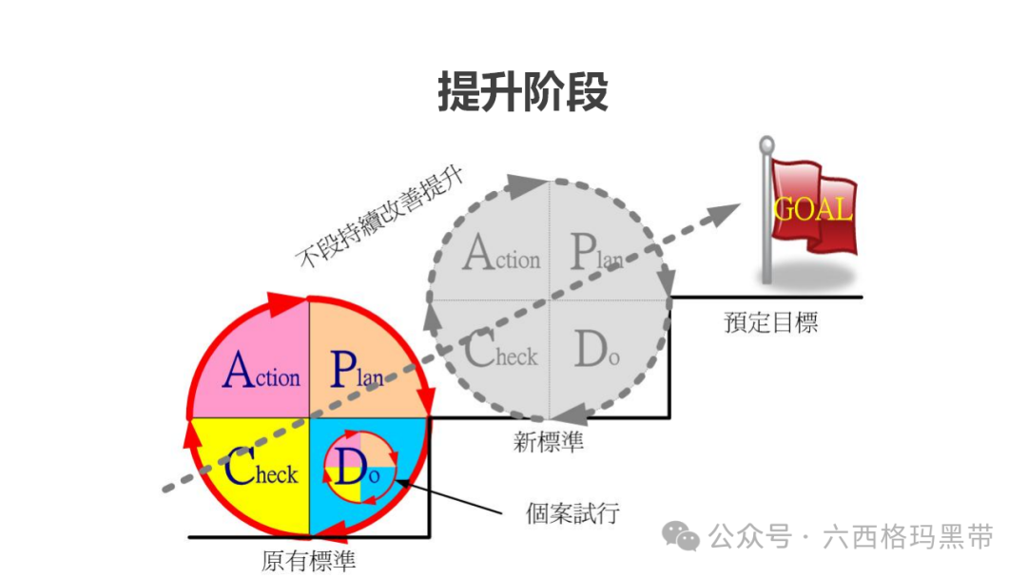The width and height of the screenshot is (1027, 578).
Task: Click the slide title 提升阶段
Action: [x=522, y=93]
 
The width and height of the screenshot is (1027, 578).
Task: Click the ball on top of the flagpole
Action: [x=766, y=144]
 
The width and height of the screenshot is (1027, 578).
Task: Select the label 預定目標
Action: [x=770, y=323]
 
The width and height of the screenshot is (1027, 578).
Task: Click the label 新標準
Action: [x=549, y=442]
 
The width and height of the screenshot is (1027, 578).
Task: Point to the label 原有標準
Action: [x=308, y=561]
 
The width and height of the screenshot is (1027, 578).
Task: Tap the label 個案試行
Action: [x=572, y=513]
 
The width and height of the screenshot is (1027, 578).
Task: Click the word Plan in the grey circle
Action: [x=596, y=252]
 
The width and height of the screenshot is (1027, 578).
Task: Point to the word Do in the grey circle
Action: [x=596, y=352]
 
